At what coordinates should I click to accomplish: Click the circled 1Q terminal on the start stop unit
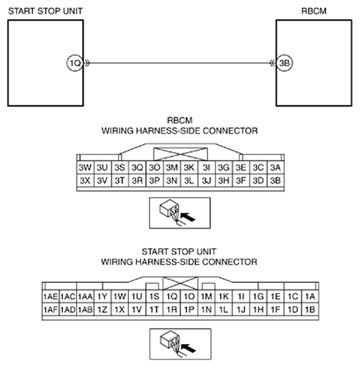75,63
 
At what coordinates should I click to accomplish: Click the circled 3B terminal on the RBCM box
285,63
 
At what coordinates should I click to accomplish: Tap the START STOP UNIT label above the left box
45,12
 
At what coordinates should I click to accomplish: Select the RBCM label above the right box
314,12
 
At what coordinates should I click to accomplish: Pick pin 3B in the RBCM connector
276,180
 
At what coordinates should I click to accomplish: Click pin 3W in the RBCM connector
85,167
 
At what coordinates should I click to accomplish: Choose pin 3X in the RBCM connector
85,180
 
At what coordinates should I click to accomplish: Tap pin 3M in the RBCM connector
172,167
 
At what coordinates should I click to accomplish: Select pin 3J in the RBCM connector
206,180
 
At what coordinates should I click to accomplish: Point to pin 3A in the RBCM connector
276,167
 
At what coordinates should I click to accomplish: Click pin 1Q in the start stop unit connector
172,296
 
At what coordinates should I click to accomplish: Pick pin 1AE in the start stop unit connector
51,296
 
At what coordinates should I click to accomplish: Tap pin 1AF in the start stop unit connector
51,310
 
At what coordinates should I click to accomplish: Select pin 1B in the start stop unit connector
310,310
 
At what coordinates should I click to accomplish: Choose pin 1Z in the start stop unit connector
102,310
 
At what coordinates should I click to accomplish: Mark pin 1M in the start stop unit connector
206,296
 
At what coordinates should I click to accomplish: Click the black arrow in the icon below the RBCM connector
187,217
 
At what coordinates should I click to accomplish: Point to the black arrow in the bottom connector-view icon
188,349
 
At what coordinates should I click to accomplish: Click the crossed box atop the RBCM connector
180,154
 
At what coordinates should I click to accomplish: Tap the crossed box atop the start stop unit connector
180,283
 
